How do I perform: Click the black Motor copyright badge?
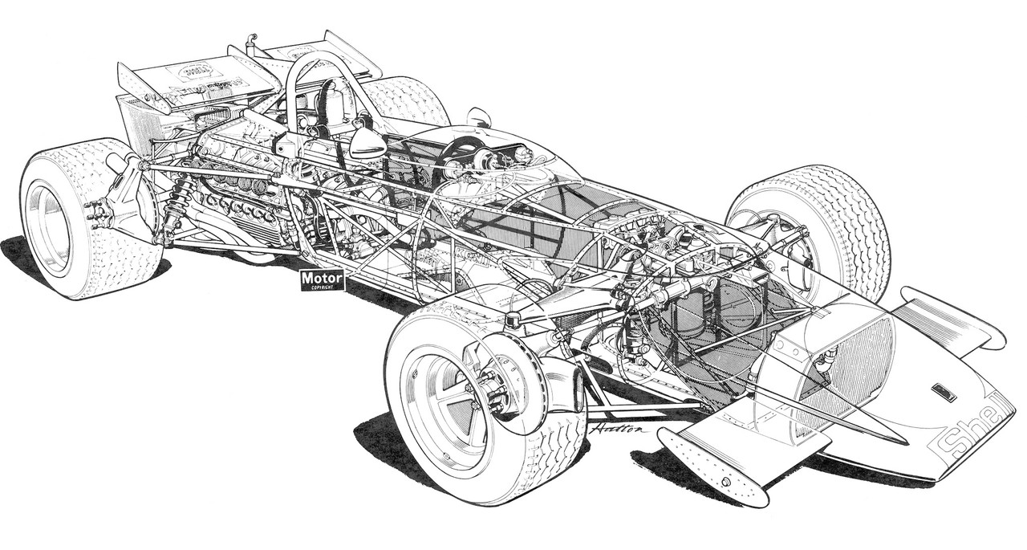tap(322, 280)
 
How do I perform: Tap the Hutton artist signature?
tap(615, 428)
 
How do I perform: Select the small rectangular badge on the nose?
tap(944, 392)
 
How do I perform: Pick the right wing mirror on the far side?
tap(479, 118)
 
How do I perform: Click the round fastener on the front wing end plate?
tap(725, 482)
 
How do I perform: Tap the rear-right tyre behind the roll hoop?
tap(405, 100)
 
